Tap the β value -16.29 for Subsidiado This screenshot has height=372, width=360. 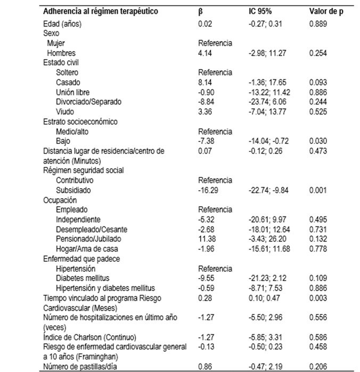tap(208, 190)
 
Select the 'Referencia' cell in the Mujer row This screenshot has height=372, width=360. tap(215, 44)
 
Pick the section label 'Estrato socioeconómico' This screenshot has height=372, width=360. tap(80, 122)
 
